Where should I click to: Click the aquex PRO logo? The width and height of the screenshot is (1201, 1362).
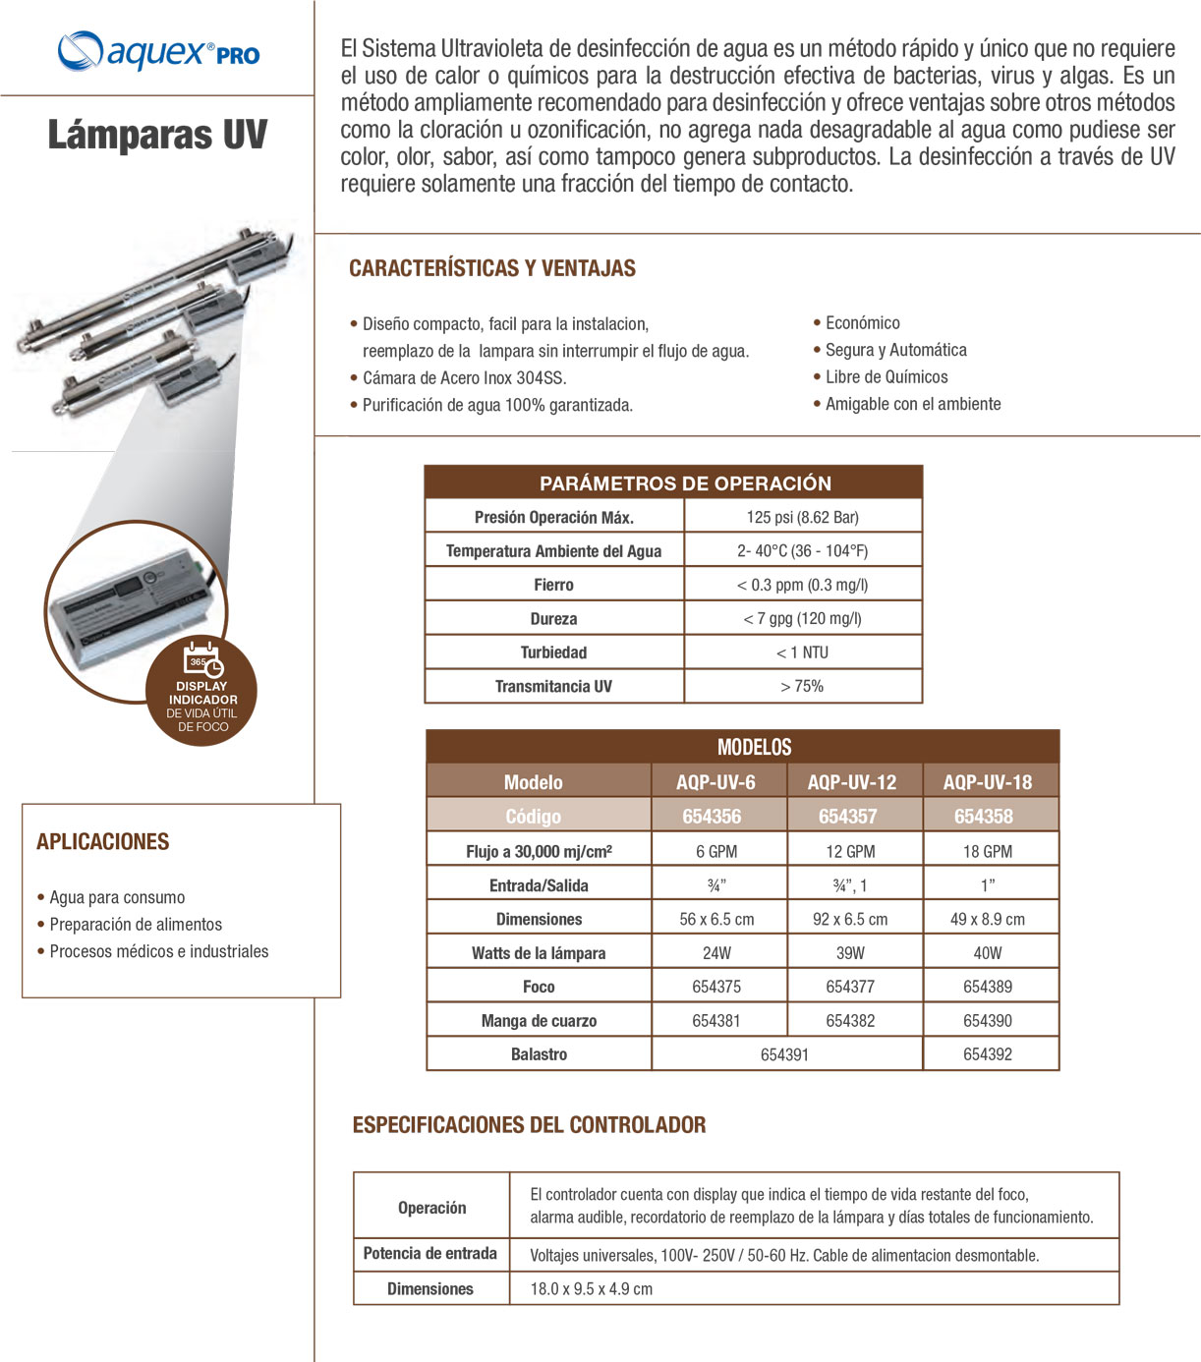(x=158, y=51)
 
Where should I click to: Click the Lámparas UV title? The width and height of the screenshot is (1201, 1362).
(x=157, y=135)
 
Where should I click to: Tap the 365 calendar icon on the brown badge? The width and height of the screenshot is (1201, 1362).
(x=202, y=658)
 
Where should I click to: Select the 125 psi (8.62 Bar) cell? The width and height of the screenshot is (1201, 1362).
(x=802, y=517)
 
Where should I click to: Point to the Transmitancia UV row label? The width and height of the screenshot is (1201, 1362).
(x=553, y=686)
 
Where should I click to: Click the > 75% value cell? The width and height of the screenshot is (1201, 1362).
(x=802, y=686)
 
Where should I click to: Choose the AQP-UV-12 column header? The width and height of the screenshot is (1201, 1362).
(x=852, y=782)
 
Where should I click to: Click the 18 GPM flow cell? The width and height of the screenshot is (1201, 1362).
(x=987, y=851)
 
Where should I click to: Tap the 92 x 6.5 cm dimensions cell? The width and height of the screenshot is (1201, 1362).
(x=850, y=919)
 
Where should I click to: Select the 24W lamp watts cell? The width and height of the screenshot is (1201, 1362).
(x=716, y=952)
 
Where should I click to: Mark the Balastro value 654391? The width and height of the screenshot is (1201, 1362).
(x=784, y=1054)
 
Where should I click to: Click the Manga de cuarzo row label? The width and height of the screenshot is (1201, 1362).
(x=539, y=1020)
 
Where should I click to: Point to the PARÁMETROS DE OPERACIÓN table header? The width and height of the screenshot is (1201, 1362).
(x=685, y=482)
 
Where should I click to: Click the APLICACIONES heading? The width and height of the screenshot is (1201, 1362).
(x=103, y=841)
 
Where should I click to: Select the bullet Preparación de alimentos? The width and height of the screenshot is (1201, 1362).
(x=136, y=924)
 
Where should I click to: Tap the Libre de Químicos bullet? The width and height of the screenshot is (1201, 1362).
(x=886, y=376)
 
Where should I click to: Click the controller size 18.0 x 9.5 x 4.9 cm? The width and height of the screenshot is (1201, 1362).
(x=591, y=1288)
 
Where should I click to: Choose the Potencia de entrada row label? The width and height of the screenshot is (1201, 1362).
(x=430, y=1253)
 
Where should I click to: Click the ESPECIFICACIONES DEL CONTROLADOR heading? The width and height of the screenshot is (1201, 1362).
(x=529, y=1125)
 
